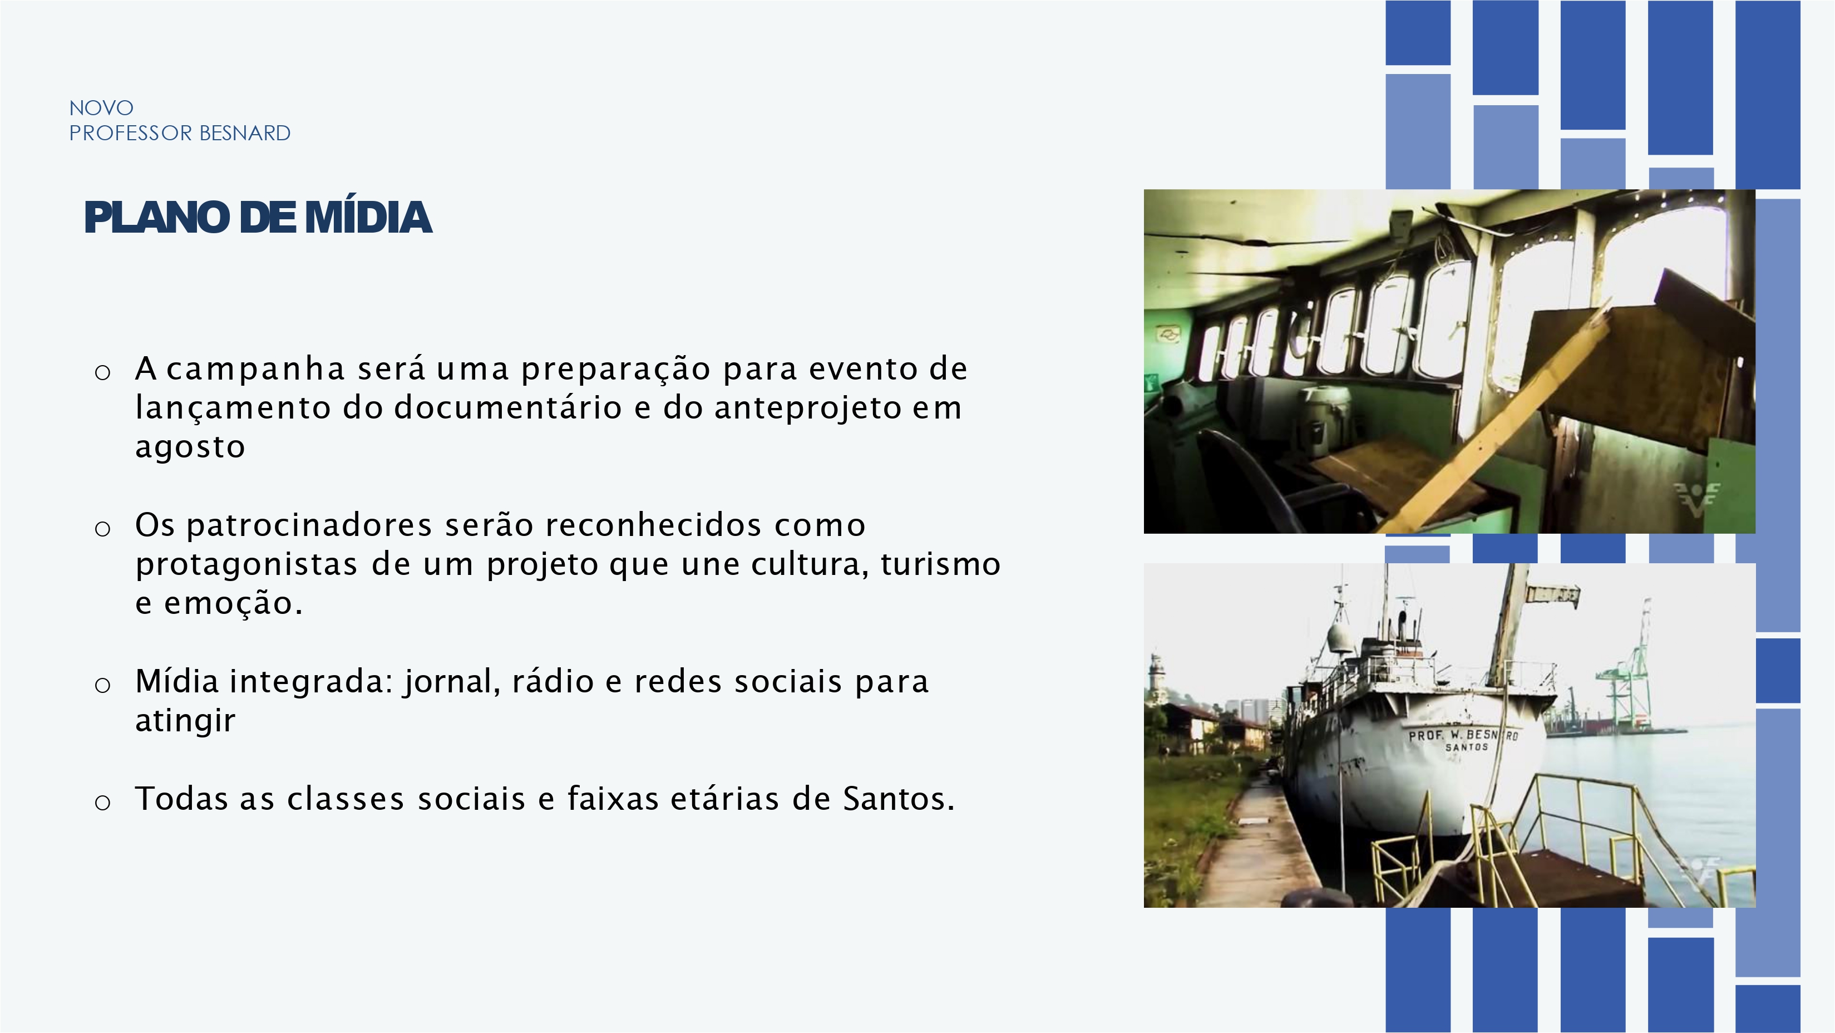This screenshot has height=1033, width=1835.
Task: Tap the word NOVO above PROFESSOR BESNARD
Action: (x=101, y=109)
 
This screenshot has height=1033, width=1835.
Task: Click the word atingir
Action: (x=185, y=721)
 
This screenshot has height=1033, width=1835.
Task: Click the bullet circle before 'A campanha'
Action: (x=102, y=372)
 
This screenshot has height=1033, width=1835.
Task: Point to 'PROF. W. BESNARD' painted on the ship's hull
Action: (x=1463, y=735)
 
